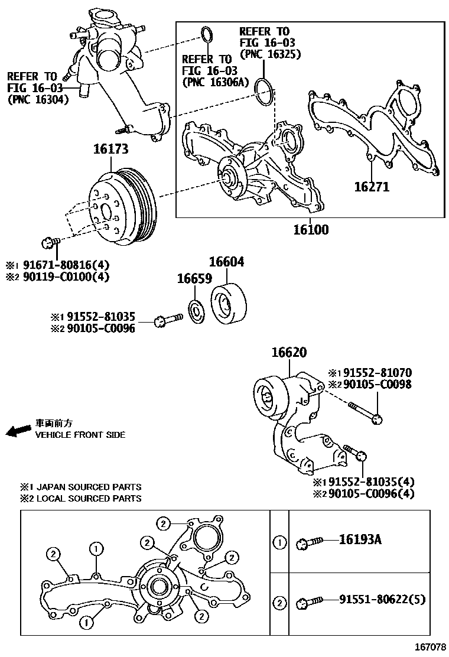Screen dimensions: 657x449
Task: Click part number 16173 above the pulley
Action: point(110,149)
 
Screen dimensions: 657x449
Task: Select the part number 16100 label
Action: point(311,230)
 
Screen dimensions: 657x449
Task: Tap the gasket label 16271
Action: point(372,187)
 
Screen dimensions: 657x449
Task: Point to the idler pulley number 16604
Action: point(227,262)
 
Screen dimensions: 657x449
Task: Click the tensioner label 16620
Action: point(289,353)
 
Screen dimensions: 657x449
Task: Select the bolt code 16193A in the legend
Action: point(360,539)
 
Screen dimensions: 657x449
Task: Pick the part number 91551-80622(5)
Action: point(382,601)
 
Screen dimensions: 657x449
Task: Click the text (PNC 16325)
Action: point(271,54)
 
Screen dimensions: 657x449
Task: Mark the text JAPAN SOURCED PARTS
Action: point(89,487)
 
